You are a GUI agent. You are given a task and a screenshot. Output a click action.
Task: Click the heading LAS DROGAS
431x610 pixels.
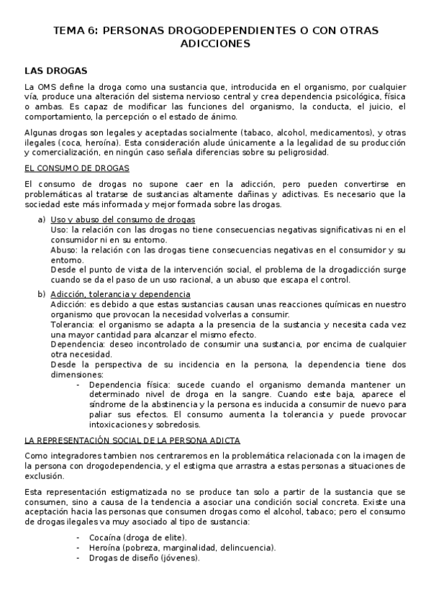(x=55, y=70)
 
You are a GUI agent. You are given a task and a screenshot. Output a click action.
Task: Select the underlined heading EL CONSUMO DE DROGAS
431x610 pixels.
(x=76, y=168)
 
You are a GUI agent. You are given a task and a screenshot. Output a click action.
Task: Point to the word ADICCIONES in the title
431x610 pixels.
(x=215, y=43)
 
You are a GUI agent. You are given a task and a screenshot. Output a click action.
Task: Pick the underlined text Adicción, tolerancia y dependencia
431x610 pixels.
(x=120, y=294)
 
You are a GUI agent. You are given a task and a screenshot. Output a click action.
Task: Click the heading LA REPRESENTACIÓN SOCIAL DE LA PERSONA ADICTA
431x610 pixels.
(x=132, y=440)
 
